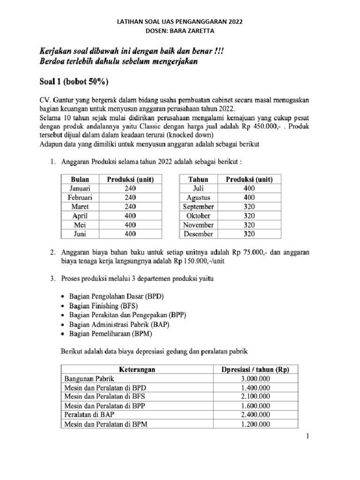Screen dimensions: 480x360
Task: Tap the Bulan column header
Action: tap(80, 180)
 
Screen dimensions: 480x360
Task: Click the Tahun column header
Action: tap(198, 180)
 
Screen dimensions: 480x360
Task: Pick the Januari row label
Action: tap(80, 188)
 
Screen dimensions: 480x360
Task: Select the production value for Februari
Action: tap(130, 197)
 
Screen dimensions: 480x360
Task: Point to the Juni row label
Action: tap(80, 233)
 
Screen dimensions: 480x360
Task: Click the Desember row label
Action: tap(198, 233)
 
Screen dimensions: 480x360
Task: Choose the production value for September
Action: tap(249, 206)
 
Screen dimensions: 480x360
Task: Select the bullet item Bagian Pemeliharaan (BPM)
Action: tap(110, 334)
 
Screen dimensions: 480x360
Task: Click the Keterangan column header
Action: tap(136, 370)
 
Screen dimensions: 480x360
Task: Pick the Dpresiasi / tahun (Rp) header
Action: tap(255, 370)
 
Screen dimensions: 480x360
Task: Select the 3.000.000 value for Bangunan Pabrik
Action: tap(255, 379)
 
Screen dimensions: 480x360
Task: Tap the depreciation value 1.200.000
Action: tap(255, 424)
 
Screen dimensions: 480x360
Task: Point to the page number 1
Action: tap(307, 437)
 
